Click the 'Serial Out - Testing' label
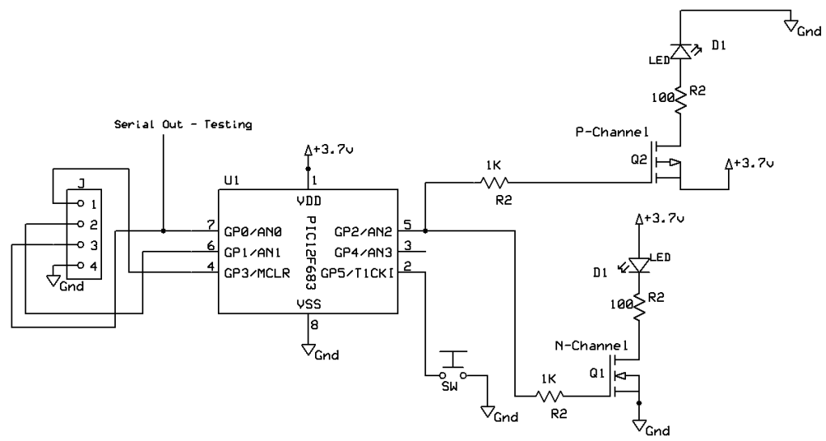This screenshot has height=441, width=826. pos(182,125)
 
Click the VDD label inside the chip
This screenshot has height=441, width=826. pos(307,201)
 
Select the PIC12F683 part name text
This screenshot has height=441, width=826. pos(308,252)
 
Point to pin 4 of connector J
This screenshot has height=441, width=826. pos(79,265)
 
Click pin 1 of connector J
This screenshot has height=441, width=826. pos(79,202)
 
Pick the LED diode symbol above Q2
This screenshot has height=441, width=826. pos(682,52)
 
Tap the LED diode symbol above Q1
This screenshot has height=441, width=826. pos(639,264)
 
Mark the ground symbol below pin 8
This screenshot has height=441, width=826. pos(309,350)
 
